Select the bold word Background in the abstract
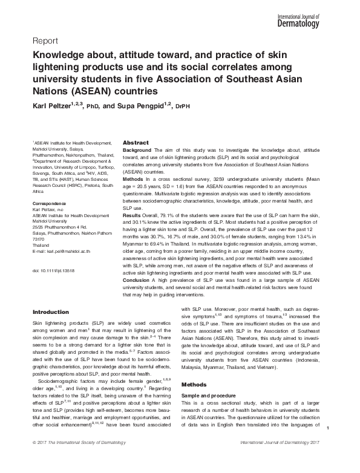137,149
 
